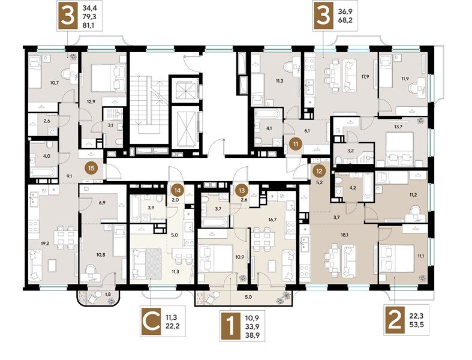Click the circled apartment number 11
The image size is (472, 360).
click(295, 143)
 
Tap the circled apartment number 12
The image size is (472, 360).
click(317, 170)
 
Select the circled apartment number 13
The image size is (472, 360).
click(242, 190)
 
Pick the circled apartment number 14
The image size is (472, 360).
click(177, 190)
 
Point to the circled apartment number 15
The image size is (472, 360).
click(91, 169)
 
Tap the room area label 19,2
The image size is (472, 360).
click(44, 228)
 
